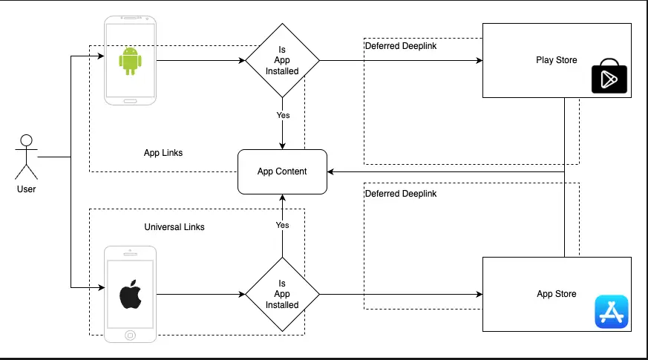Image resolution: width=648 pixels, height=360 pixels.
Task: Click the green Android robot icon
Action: point(130,61)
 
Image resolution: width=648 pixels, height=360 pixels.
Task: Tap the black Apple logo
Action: point(131,295)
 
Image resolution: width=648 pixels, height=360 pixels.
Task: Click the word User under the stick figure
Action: point(27,189)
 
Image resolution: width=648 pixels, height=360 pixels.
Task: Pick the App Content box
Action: point(282,171)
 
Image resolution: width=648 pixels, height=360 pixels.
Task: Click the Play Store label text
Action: point(556,60)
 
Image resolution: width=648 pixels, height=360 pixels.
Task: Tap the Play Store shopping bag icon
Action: point(609,79)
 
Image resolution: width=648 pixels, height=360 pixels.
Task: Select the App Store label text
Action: point(556,294)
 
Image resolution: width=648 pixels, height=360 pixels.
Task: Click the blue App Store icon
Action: point(611,312)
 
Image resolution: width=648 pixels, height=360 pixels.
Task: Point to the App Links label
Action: point(163,153)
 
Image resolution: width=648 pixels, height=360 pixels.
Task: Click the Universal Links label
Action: point(174,226)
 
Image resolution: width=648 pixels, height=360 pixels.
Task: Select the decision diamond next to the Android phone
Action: point(282,61)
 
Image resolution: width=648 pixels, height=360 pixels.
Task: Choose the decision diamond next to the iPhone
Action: point(282,294)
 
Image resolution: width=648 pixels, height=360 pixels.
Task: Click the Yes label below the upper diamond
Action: point(283,115)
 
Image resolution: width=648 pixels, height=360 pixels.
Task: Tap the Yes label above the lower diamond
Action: point(283,225)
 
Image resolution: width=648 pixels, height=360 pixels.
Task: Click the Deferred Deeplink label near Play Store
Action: point(401,46)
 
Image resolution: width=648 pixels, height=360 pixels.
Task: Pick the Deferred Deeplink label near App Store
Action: point(401,194)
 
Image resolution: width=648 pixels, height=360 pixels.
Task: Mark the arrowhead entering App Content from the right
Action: point(331,171)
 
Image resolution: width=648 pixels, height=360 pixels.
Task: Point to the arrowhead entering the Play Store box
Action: point(478,61)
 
